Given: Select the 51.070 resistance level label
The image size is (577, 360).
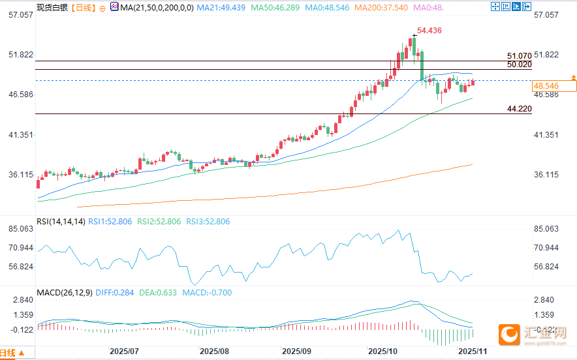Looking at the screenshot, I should (519, 57).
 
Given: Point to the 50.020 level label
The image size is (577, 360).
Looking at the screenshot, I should (519, 65).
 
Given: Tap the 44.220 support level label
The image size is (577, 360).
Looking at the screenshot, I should (519, 108).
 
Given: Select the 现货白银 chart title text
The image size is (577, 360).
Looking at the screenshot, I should (52, 8).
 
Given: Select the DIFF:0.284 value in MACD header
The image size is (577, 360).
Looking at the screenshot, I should (114, 293).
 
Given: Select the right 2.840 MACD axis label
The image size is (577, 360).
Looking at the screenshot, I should (544, 300).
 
